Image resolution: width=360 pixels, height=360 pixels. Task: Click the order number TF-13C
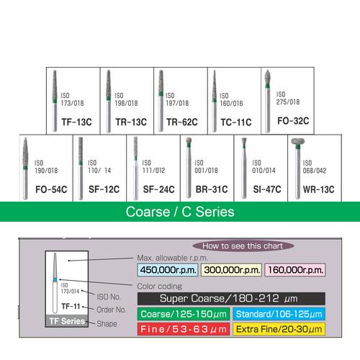tap(76, 122)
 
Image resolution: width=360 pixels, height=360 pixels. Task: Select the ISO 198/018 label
tap(126, 99)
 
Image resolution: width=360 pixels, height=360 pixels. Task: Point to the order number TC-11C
tap(236, 122)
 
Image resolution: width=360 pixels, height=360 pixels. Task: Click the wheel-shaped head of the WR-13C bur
tap(298, 141)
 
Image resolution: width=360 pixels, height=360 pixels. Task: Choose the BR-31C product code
tap(212, 189)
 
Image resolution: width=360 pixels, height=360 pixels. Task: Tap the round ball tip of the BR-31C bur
tap(189, 140)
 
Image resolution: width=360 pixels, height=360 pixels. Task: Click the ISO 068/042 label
tap(315, 167)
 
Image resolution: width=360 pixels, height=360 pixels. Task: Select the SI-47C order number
tap(267, 189)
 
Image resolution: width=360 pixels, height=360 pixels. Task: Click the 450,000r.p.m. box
tap(168, 270)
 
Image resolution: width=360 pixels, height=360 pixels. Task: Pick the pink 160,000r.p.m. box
tap(295, 270)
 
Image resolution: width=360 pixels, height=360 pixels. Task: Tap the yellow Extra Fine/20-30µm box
tap(279, 329)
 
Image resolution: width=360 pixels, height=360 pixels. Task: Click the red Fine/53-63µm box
tap(184, 329)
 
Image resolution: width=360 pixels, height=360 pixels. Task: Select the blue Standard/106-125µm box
tap(279, 314)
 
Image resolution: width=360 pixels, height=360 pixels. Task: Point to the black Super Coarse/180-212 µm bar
tap(231, 299)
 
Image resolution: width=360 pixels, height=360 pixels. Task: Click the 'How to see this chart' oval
tap(243, 246)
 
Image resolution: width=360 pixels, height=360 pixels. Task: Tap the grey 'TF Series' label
tap(67, 321)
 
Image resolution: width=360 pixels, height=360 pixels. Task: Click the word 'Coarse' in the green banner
tap(148, 212)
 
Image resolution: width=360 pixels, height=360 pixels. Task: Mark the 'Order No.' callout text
tap(112, 310)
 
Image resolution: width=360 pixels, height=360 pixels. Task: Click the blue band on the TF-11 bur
tap(55, 279)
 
